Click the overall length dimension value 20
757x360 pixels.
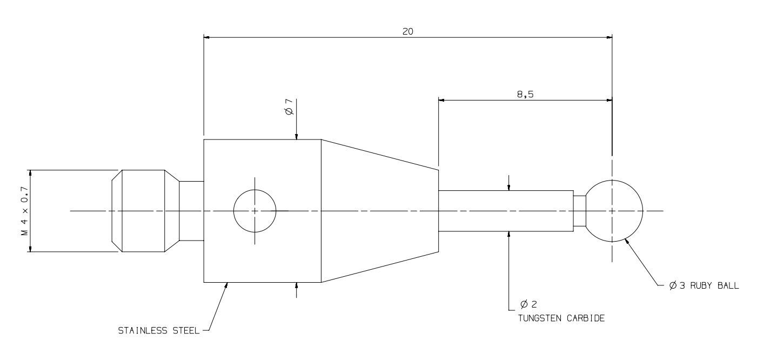407,31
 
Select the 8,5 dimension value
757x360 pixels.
525,94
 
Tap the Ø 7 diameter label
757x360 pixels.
290,107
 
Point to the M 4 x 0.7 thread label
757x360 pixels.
25,211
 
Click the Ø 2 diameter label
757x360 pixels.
528,304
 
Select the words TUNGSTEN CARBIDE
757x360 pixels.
561,318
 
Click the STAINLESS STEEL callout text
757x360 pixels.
159,331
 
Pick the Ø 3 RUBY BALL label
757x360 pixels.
704,285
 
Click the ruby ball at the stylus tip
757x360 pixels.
614,211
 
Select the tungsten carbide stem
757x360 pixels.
506,211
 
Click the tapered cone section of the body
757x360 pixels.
380,211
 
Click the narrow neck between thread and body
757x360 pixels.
191,211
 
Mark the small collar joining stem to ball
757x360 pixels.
580,211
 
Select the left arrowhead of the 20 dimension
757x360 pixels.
207,37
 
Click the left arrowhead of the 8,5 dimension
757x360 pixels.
441,100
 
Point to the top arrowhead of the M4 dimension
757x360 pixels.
30,173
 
